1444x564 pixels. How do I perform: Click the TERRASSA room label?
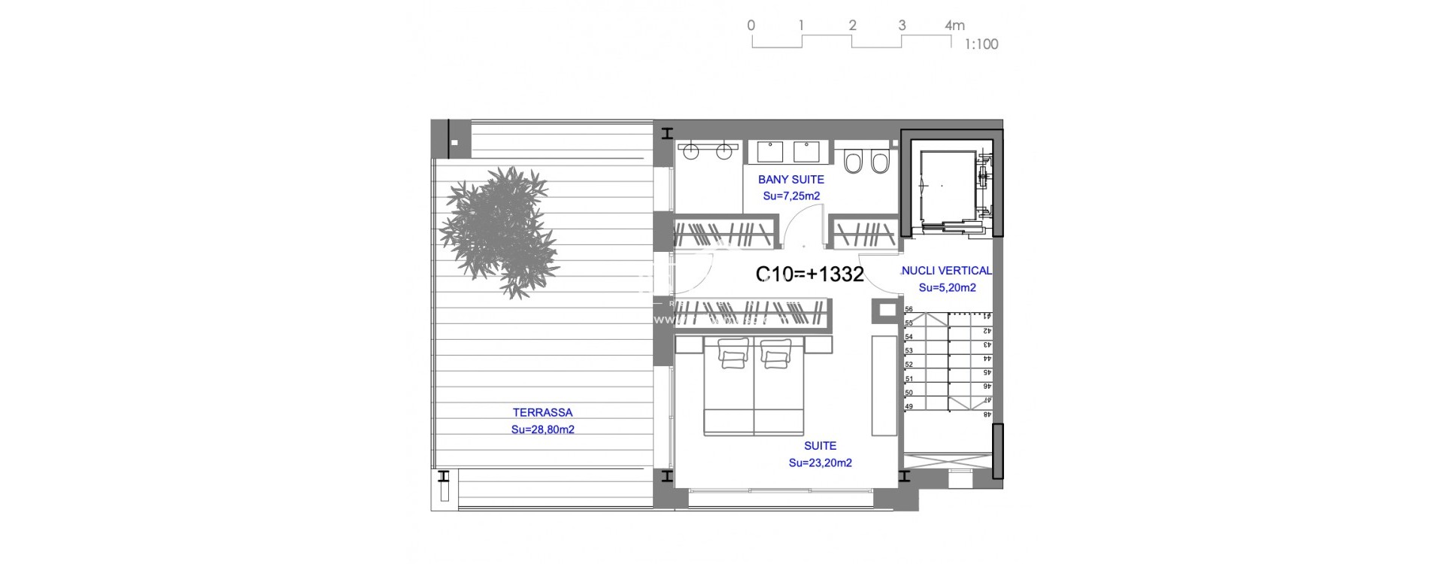point(542,412)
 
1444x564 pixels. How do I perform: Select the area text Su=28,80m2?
point(542,429)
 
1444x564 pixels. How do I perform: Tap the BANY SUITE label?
point(791,179)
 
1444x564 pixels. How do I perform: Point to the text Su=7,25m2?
point(791,196)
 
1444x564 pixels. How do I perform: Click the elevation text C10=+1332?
point(809,274)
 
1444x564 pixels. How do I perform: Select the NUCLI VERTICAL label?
point(946,271)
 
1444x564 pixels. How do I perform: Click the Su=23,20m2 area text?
point(820,462)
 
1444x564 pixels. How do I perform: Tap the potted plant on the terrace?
point(499,232)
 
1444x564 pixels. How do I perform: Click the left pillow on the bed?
point(733,352)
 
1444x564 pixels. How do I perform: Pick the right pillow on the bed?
point(776,352)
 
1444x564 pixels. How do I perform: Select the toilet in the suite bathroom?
point(853,161)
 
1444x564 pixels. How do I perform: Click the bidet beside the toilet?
point(880,161)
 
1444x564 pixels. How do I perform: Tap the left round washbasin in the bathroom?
point(690,152)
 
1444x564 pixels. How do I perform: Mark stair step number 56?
point(909,309)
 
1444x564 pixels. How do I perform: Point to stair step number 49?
point(909,406)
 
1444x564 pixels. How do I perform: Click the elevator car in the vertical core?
point(948,185)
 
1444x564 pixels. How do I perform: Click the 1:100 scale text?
point(981,44)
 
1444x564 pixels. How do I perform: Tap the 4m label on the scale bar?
point(954,26)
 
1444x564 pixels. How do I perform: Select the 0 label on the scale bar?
point(751,26)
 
